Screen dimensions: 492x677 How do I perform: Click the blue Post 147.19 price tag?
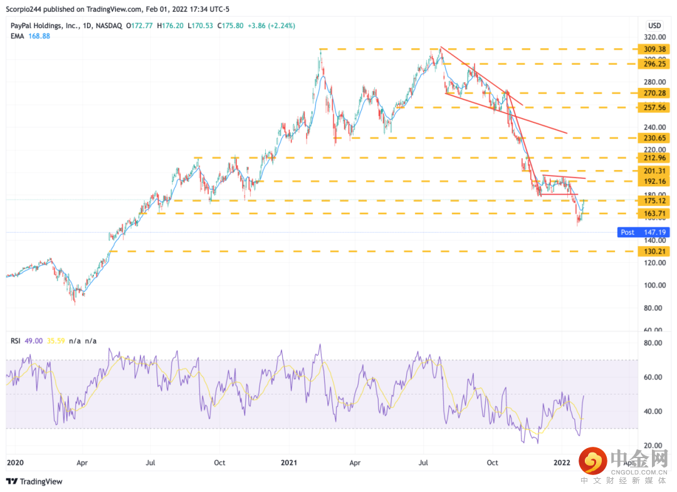pos(643,232)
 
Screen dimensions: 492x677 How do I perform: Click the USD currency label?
pos(654,26)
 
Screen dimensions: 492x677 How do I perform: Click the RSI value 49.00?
pos(36,341)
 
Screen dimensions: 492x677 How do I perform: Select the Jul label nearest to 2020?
pos(150,463)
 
